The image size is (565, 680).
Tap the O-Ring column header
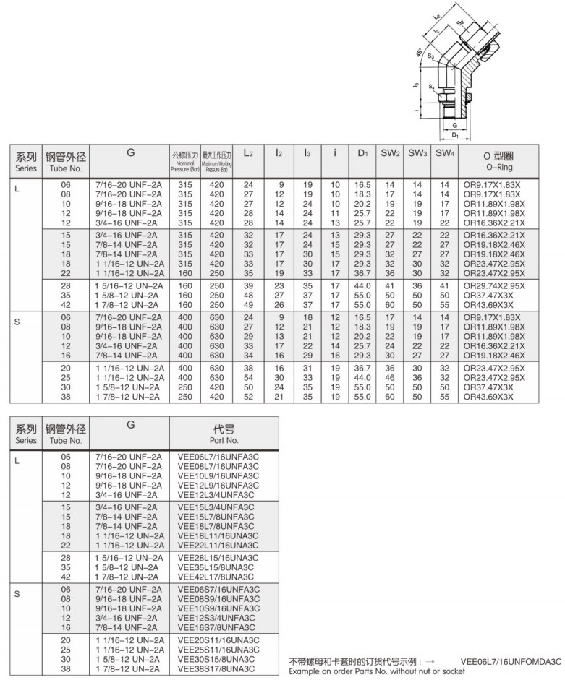coord(498,160)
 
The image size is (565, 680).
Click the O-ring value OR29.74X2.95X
coord(495,287)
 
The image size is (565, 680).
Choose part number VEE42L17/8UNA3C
coord(216,577)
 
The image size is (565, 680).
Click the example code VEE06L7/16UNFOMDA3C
coord(511,661)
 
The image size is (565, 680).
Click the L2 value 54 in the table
coord(248,379)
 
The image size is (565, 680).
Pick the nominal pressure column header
coord(184,160)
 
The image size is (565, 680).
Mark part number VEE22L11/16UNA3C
coord(218,543)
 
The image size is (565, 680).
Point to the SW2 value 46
coord(389,379)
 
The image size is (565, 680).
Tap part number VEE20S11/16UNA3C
coord(218,641)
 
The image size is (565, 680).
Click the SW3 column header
coord(416,153)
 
